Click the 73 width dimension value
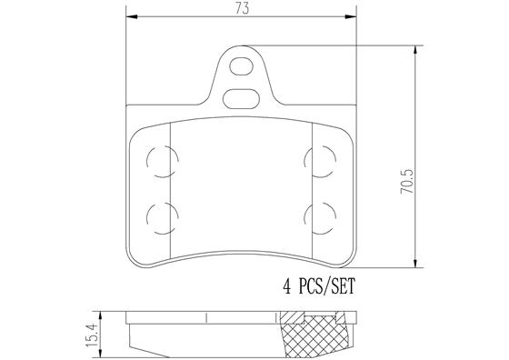[240, 8]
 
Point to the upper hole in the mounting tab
[242, 65]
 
